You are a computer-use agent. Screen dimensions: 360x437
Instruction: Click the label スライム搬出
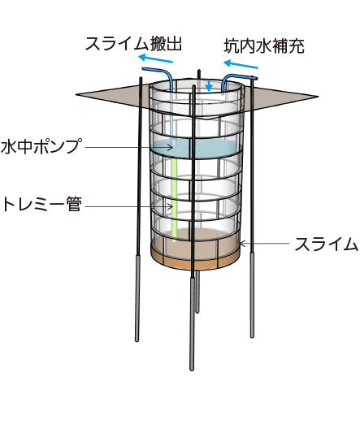point(133,44)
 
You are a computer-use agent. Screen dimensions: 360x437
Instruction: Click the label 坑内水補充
point(264,46)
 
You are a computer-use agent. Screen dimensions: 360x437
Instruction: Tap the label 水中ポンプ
point(42,145)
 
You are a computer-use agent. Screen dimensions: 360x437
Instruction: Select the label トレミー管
point(41,205)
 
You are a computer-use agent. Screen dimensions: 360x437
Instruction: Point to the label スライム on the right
point(326,244)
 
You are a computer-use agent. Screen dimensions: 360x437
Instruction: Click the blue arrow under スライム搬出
point(155,58)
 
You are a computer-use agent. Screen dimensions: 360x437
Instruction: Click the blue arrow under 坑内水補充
point(241,64)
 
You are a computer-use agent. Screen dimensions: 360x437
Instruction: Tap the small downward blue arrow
point(209,85)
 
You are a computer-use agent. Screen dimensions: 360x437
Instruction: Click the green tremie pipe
point(174,200)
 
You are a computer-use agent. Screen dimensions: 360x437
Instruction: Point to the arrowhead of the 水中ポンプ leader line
point(171,147)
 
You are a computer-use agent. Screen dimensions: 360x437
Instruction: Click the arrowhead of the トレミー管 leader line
point(171,206)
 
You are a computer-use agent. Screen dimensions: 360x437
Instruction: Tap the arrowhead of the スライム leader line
point(242,244)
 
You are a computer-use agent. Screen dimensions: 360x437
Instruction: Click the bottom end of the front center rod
point(192,369)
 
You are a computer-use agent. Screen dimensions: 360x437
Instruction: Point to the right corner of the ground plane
point(319,97)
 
